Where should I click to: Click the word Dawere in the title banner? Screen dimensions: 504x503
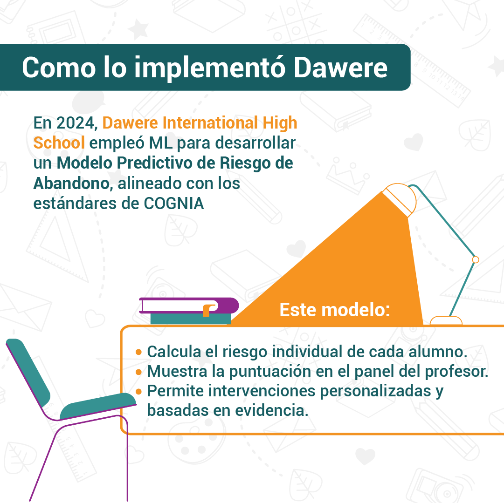tap(340, 68)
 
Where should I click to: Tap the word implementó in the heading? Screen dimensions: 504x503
tap(210, 68)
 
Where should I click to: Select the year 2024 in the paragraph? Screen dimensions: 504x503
tap(76, 123)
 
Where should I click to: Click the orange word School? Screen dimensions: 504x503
tap(59, 143)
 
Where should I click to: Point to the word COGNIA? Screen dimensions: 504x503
tap(173, 204)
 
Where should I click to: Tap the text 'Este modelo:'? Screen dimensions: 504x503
tap(335, 310)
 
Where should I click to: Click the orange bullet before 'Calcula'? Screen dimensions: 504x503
tap(139, 352)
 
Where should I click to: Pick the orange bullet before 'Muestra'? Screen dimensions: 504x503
tap(139, 372)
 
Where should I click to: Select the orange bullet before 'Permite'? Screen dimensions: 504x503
tap(139, 392)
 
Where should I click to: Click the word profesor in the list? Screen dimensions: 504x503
tap(457, 372)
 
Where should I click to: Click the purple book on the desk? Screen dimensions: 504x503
tap(189, 306)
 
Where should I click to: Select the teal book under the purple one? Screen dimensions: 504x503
tap(191, 319)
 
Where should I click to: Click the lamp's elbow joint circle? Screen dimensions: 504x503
tap(476, 260)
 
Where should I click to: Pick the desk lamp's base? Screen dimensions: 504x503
tap(446, 321)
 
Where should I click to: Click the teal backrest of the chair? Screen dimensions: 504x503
tap(28, 372)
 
